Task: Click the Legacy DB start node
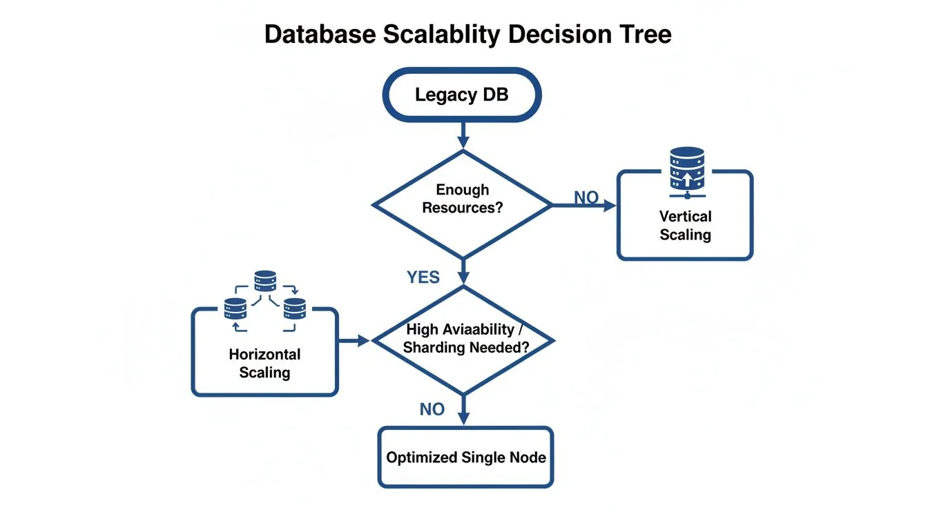[x=461, y=95]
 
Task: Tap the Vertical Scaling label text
[x=685, y=226]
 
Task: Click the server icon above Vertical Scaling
[x=686, y=168]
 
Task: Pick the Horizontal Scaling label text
[x=264, y=363]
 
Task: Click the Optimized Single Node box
[x=465, y=457]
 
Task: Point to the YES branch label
[x=423, y=277]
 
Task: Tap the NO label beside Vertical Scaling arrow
[x=586, y=198]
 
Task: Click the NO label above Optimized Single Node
[x=432, y=409]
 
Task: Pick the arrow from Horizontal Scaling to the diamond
[x=356, y=340]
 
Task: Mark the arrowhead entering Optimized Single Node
[x=463, y=418]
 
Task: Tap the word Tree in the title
[x=645, y=35]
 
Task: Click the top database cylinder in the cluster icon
[x=265, y=280]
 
